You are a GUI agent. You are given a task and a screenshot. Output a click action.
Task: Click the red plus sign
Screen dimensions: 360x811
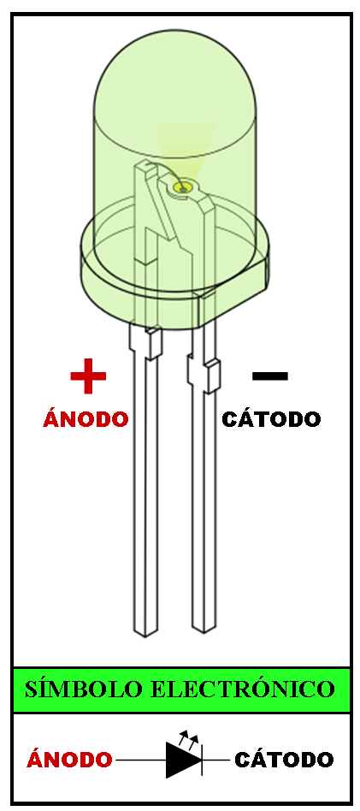[x=88, y=376]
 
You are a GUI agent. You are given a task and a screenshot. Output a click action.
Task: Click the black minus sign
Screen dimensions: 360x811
[x=270, y=376]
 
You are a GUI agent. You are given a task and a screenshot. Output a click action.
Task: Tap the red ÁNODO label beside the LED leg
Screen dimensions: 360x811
[x=86, y=418]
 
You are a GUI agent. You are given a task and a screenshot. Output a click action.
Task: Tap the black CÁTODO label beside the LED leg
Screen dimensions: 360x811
[x=271, y=418]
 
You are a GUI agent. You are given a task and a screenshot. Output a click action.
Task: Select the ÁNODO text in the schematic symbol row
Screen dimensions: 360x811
[x=69, y=760]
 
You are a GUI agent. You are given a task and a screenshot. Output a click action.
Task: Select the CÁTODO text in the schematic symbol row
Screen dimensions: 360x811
[x=284, y=760]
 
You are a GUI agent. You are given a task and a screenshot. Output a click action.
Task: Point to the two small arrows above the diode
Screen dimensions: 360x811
[x=188, y=737]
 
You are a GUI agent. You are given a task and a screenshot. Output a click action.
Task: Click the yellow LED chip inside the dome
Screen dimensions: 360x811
[x=183, y=187]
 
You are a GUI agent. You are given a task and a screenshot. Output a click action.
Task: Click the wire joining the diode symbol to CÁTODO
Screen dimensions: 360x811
[x=215, y=760]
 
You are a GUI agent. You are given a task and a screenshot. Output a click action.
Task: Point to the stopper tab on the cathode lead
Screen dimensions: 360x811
[x=213, y=376]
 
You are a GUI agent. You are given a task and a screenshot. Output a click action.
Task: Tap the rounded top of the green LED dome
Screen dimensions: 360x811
[x=174, y=36]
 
